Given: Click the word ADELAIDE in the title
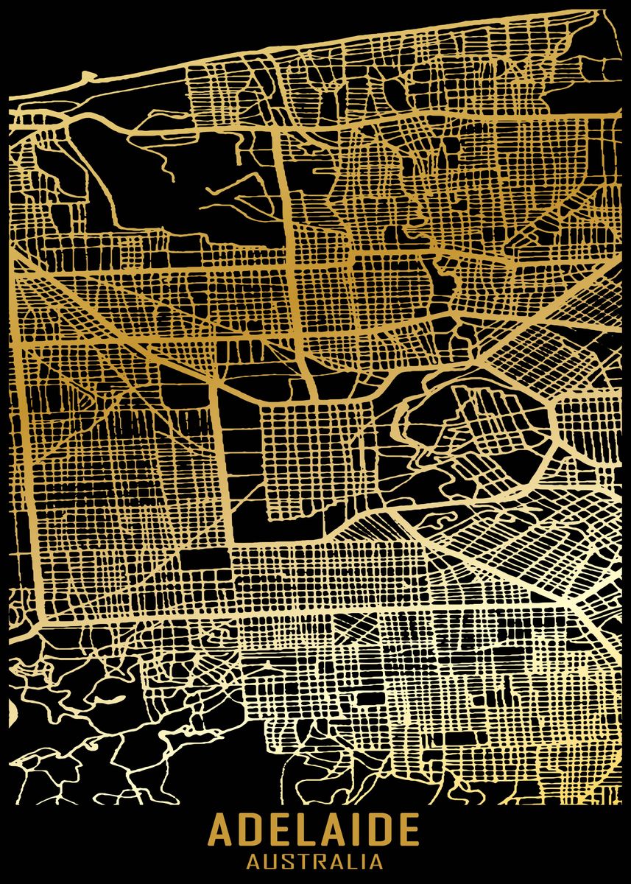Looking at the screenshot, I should pyautogui.click(x=314, y=830).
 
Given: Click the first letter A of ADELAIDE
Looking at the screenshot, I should pyautogui.click(x=222, y=830).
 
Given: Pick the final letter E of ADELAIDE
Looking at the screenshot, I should pyautogui.click(x=409, y=830).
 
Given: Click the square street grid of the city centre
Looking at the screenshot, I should pyautogui.click(x=309, y=457).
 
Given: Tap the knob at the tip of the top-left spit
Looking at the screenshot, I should pyautogui.click(x=87, y=75).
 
